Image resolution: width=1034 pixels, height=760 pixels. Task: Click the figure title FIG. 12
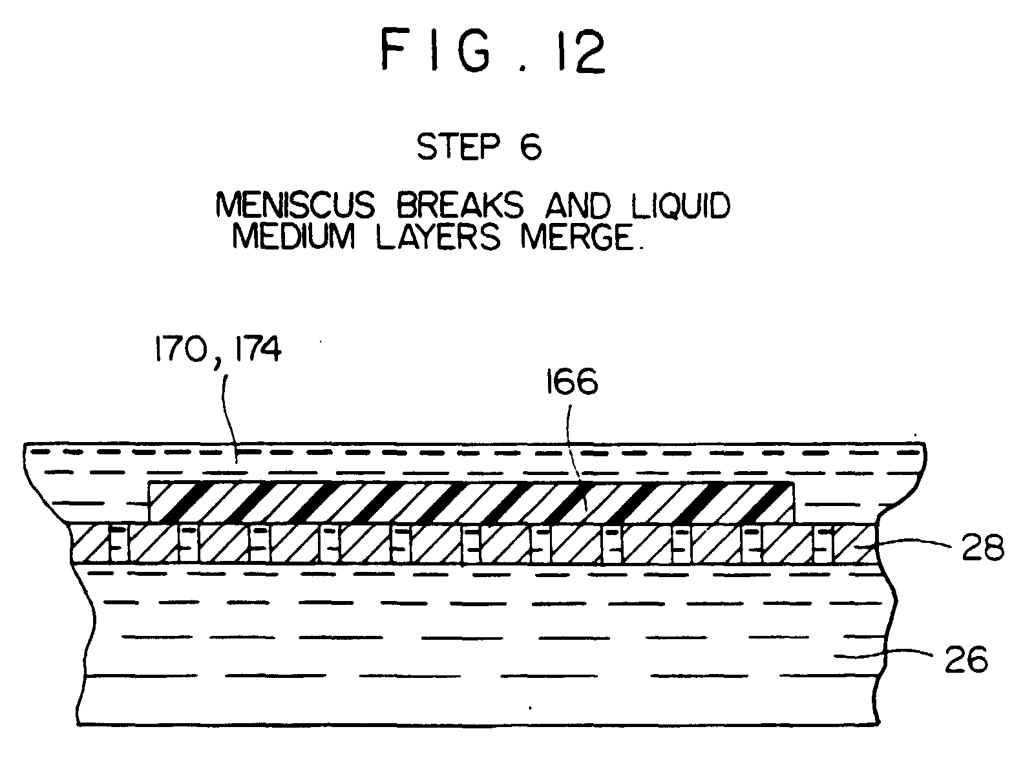coord(492,52)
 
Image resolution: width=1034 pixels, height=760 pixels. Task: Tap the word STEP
coord(458,147)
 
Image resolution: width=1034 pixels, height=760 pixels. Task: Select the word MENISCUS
coord(295,207)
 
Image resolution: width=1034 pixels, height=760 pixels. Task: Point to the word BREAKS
coord(459,207)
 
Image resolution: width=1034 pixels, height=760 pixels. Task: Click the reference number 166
coord(570,383)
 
